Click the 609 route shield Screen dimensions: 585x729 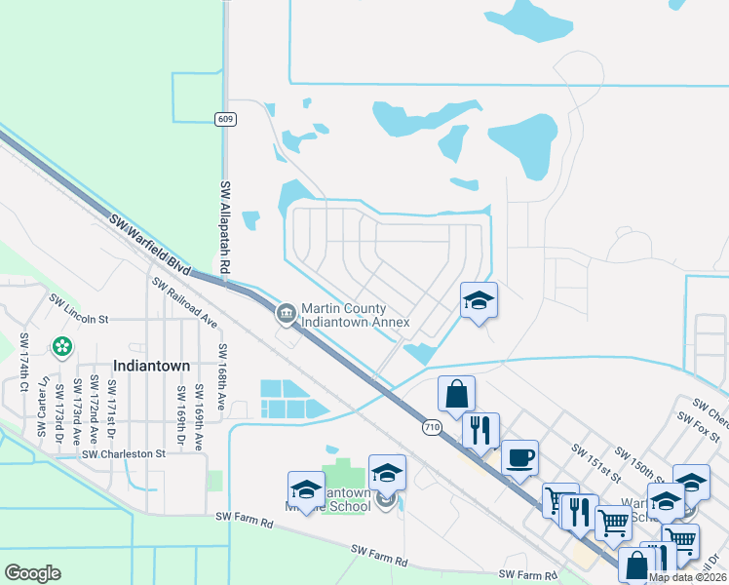(x=225, y=119)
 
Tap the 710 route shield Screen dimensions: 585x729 (x=433, y=427)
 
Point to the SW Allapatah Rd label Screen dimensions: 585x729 (x=225, y=226)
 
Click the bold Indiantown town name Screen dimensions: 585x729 (x=151, y=365)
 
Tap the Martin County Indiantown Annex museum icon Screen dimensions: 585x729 (x=285, y=313)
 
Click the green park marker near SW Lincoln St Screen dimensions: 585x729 (x=62, y=345)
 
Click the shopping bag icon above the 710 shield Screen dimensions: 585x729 (x=456, y=394)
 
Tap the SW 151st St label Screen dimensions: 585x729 (x=597, y=462)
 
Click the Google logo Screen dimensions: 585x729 (x=33, y=573)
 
